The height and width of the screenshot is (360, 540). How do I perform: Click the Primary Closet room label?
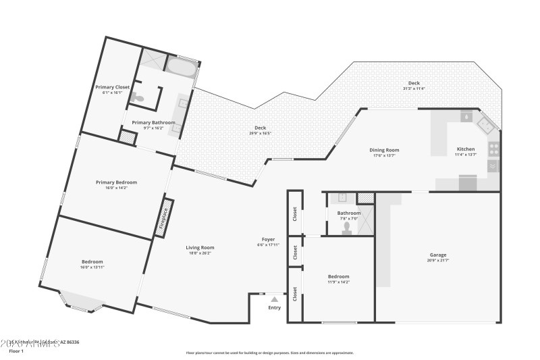click(x=112, y=87)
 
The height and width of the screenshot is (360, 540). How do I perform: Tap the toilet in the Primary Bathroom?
click(x=138, y=99)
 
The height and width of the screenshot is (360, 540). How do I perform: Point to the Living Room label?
click(x=200, y=248)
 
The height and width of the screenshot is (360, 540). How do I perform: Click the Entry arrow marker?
click(x=274, y=299)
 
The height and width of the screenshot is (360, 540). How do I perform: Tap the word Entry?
click(x=275, y=308)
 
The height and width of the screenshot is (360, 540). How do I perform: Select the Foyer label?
click(x=268, y=240)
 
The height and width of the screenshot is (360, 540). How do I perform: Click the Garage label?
click(x=437, y=255)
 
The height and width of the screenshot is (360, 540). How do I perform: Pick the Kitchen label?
click(x=466, y=149)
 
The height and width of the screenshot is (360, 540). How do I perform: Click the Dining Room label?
click(x=384, y=150)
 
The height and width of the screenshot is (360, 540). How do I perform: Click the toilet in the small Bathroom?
click(x=347, y=228)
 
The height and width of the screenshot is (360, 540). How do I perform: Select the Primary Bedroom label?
click(x=116, y=182)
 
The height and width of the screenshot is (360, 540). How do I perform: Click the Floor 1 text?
click(x=16, y=351)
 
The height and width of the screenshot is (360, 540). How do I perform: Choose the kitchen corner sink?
click(x=485, y=124)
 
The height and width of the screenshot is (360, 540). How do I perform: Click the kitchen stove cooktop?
click(x=494, y=147)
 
